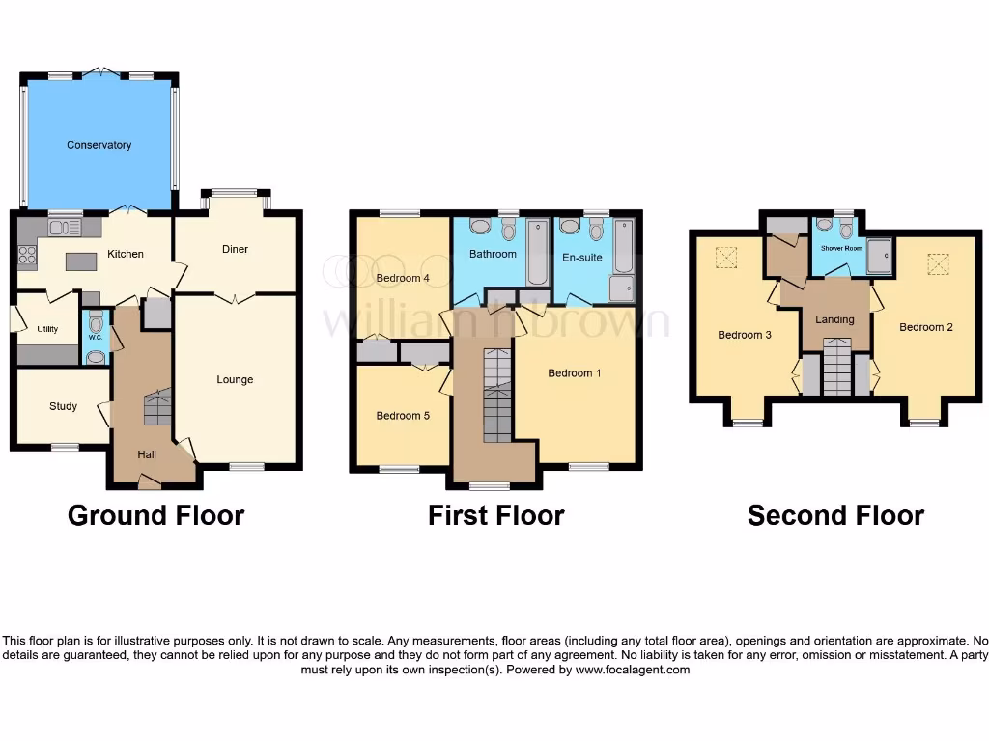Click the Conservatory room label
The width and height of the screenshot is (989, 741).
coord(99,145)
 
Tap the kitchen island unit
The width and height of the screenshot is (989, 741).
coord(80,261)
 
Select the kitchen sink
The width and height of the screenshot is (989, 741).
coord(60,228)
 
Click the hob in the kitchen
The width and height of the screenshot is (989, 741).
coord(25,256)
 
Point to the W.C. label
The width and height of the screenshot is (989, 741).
coord(95,338)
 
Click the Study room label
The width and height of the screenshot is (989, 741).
coord(63,406)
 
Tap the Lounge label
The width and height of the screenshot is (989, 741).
coord(235,379)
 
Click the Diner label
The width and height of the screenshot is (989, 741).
coord(235,249)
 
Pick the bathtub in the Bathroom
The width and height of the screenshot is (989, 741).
coord(537,253)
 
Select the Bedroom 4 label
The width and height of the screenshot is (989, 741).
coord(403,278)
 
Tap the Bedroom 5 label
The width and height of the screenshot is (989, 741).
coord(403,416)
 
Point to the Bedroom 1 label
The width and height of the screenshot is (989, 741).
coord(575,372)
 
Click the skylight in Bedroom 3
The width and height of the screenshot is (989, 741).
coord(725,258)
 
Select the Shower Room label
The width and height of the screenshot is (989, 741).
coord(840,248)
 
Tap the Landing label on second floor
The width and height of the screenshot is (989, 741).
coord(834,319)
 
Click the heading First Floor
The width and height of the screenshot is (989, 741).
coord(495,515)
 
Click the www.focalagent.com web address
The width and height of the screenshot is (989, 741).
coord(633,669)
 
